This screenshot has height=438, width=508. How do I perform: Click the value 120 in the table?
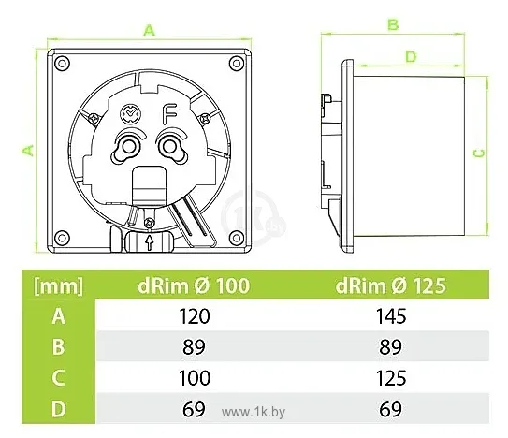coord(194,316)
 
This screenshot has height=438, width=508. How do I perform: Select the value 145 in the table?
coord(391,316)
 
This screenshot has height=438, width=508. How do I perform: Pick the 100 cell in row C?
coord(195,378)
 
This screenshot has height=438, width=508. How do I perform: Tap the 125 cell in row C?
coord(391,378)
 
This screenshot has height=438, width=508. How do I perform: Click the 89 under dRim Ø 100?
coord(194,347)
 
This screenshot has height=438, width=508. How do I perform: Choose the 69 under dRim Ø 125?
coord(390,409)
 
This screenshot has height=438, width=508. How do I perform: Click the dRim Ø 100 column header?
coord(194,285)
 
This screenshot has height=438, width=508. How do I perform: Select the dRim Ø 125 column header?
coord(391,285)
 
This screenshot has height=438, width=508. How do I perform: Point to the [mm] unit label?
coord(58,286)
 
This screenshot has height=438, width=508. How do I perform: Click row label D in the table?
coord(58,409)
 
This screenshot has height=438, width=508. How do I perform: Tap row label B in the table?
coord(58,347)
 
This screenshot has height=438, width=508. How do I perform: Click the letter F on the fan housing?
coord(169,114)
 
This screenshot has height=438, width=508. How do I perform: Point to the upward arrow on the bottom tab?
coord(149,242)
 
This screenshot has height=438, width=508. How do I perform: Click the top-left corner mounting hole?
coord(62,63)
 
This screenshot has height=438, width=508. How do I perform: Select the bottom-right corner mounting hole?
coord(236,238)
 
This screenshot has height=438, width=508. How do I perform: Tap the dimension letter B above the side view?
coord(393,24)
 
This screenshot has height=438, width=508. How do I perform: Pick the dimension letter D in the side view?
coord(411,57)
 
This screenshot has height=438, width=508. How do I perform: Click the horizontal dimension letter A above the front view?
coord(150,31)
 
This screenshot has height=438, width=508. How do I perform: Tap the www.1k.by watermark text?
coord(254,412)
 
